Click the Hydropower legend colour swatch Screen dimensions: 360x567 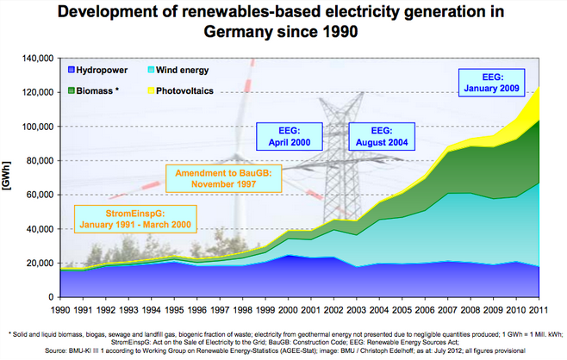pyautogui.click(x=68, y=70)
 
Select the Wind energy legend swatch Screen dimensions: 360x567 pyautogui.click(x=153, y=70)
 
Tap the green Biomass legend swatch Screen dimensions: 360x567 pyautogui.click(x=68, y=89)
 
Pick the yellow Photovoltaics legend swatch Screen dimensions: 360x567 pyautogui.click(x=153, y=89)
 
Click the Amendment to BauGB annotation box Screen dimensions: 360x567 pyautogui.click(x=224, y=178)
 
